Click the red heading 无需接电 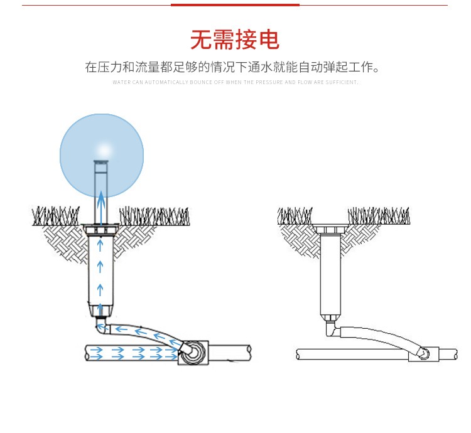(235, 40)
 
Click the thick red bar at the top (235, 5)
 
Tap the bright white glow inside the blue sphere (102, 149)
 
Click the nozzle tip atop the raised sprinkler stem (101, 165)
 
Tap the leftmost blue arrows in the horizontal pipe (96, 353)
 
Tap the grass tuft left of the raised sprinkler (57, 216)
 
